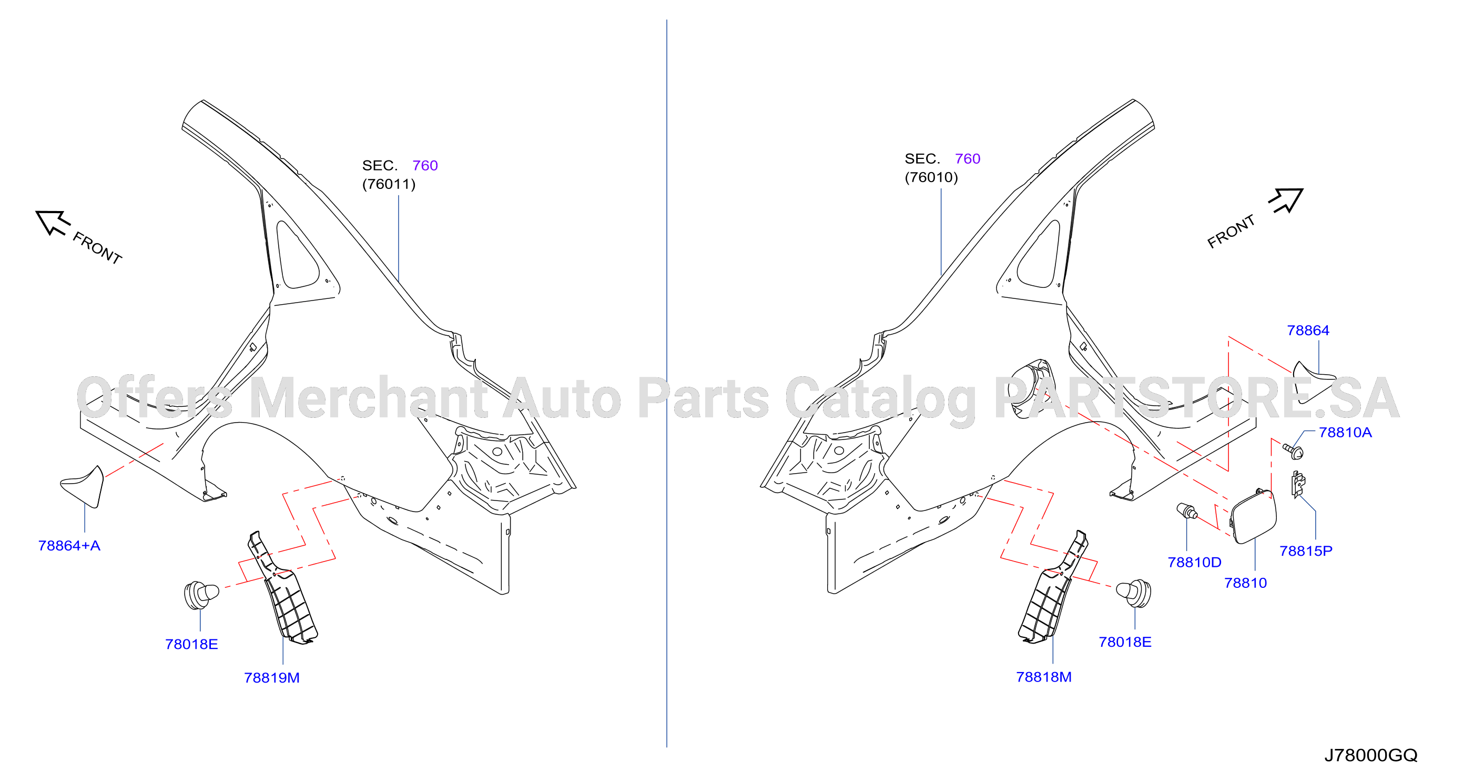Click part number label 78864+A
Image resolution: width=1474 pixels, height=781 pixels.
click(69, 546)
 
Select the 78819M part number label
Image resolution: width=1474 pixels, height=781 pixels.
click(272, 678)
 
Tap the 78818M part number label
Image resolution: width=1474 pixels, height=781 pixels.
click(1044, 677)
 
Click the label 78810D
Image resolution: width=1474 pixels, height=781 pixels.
click(1195, 563)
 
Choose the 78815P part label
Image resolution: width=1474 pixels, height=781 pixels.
click(1306, 552)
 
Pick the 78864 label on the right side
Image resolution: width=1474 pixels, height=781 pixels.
click(1308, 331)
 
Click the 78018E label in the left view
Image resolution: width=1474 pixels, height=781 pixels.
click(192, 645)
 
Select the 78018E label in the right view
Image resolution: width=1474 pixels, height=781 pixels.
click(1125, 643)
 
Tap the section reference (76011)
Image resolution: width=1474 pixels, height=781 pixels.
click(389, 184)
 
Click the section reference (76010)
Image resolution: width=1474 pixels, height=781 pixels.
click(931, 177)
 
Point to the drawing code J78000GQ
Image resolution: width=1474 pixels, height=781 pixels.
click(1371, 756)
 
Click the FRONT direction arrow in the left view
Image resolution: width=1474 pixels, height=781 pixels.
click(53, 222)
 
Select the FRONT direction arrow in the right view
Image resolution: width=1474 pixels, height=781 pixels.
click(1286, 201)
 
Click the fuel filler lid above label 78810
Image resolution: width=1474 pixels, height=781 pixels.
click(1253, 516)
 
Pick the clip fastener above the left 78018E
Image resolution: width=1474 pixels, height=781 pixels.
click(201, 595)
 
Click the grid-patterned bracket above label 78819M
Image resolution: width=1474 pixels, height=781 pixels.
click(283, 590)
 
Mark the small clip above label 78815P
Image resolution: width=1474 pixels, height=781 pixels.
click(1298, 484)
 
